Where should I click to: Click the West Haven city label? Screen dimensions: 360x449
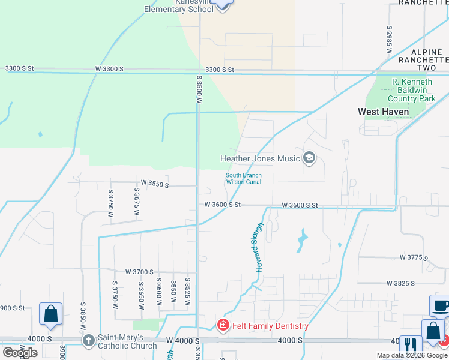click(384, 112)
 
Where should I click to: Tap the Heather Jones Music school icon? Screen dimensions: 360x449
click(309, 158)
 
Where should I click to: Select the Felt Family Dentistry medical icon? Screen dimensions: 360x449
click(223, 326)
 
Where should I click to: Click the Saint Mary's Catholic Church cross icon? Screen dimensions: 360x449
click(88, 340)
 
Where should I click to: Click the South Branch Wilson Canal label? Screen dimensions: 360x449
click(243, 179)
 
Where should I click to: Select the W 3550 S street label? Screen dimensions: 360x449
click(154, 182)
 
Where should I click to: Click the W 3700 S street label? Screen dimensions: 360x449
click(140, 272)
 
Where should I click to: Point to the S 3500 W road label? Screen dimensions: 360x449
click(199, 88)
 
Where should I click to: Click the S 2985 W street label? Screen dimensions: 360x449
click(389, 40)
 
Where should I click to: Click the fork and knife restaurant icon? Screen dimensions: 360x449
click(411, 345)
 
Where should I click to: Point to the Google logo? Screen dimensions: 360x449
click(20, 352)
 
